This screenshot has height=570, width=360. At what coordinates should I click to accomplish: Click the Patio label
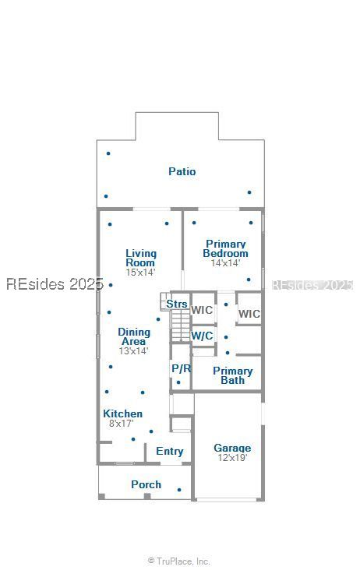pos(182,171)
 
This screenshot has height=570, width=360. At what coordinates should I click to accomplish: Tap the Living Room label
pos(141,258)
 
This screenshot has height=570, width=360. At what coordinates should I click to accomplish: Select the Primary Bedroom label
pos(225,248)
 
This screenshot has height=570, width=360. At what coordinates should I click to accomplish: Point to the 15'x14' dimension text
pos(140,272)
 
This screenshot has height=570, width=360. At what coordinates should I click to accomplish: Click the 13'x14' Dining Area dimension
pos(133,350)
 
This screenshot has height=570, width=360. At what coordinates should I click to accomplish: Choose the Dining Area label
pos(134,336)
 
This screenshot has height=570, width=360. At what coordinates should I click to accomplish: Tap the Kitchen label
pos(122,413)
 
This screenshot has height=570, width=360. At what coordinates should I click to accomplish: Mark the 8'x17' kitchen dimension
pos(121,423)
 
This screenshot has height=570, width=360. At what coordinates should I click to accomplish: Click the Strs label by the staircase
pos(177,304)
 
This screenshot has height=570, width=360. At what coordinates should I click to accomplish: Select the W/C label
pos(202,336)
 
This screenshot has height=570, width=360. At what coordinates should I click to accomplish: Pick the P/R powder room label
pos(181,368)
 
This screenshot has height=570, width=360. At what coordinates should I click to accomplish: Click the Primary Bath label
pos(233,375)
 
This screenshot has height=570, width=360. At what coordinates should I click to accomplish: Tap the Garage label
pos(232,449)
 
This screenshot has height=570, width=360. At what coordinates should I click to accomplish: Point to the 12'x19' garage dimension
pos(232,457)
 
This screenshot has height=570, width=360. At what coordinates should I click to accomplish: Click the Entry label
pos(169,451)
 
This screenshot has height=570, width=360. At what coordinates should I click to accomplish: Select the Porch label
pos(146,484)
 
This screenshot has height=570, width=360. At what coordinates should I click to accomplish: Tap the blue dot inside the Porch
pos(179,490)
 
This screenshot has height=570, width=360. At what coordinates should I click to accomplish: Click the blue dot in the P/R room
pos(178,382)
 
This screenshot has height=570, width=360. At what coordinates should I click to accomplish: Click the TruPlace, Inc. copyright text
pos(179,561)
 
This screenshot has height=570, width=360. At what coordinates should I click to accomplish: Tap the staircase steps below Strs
pos(181,325)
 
